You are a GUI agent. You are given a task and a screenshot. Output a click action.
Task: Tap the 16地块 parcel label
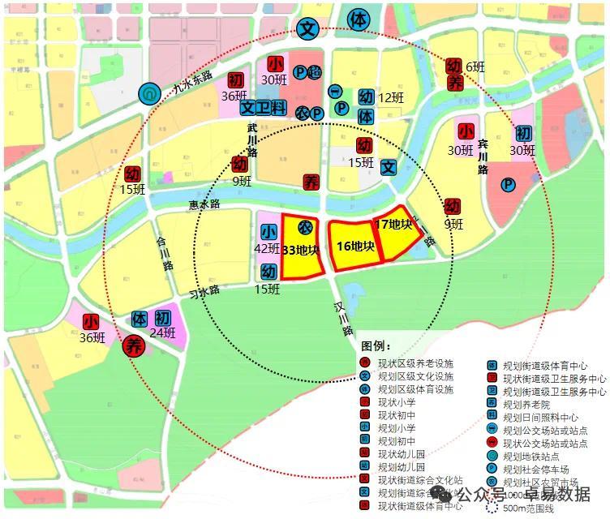coord(354,246)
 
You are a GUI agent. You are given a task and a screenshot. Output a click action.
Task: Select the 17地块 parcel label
coord(393,224)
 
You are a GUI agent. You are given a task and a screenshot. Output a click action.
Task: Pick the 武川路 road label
coord(252,140)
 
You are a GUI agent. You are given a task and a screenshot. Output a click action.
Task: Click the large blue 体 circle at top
coord(357,19)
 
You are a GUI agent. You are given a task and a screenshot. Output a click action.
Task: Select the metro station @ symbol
coord(149,94)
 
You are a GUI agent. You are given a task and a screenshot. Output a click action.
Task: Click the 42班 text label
coord(268,249)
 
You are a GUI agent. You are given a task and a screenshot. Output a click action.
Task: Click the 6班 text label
coord(475,67)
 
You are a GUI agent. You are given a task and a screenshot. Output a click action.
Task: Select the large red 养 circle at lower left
coord(133,346)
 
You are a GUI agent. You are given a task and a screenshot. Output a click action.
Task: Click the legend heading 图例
coord(376,347)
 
